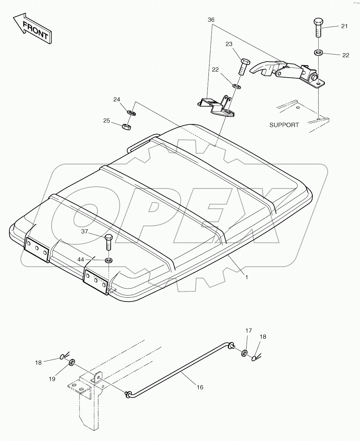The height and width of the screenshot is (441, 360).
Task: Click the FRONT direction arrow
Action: pos(32,28)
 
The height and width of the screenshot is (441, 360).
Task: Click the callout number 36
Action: pos(211,20)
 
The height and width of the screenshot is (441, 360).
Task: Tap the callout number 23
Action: pos(229,44)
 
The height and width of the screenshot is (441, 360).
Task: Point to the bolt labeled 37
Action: pos(108,242)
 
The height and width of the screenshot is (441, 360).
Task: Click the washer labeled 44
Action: pos(109,260)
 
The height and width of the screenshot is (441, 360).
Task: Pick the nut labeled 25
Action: pos(126,126)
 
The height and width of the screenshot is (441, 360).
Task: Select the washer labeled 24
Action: pos(131,112)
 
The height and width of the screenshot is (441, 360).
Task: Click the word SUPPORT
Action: pos(284,125)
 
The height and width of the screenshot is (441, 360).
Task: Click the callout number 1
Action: pos(247,278)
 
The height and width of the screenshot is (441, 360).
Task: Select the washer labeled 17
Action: pos(244,353)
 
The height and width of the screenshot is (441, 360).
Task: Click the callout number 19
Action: pos(52,379)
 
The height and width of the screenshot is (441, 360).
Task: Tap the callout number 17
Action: pos(249,331)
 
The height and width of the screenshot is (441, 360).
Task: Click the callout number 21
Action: pos(344,26)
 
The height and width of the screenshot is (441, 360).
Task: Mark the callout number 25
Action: pos(106,121)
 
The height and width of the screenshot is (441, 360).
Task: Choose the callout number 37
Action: pos(85,231)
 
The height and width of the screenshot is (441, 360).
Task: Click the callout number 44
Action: pos(81,259)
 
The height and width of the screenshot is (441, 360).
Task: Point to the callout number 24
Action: pos(116,100)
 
